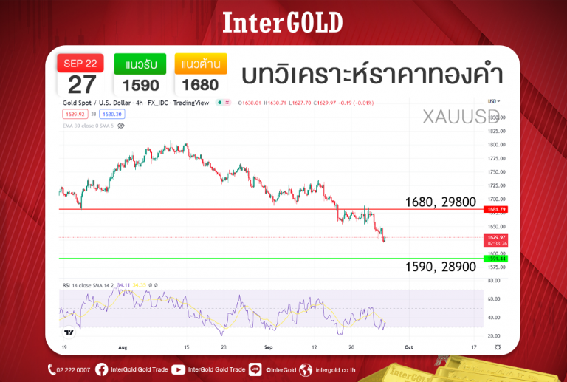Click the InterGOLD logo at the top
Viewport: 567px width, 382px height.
click(283, 23)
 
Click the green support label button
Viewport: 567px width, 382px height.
click(140, 64)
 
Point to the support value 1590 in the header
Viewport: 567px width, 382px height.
click(140, 85)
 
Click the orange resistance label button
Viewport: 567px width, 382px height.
click(201, 64)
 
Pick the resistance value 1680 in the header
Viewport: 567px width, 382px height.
click(201, 85)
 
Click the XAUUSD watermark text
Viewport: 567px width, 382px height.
click(461, 116)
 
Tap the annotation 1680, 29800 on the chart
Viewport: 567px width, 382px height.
click(440, 202)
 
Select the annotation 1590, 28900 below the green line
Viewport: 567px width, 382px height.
click(440, 267)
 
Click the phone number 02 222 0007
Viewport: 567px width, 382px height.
click(73, 369)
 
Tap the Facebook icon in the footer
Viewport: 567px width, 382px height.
click(101, 369)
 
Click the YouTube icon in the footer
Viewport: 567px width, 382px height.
click(178, 369)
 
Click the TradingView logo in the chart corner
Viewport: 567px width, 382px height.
click(69, 332)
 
